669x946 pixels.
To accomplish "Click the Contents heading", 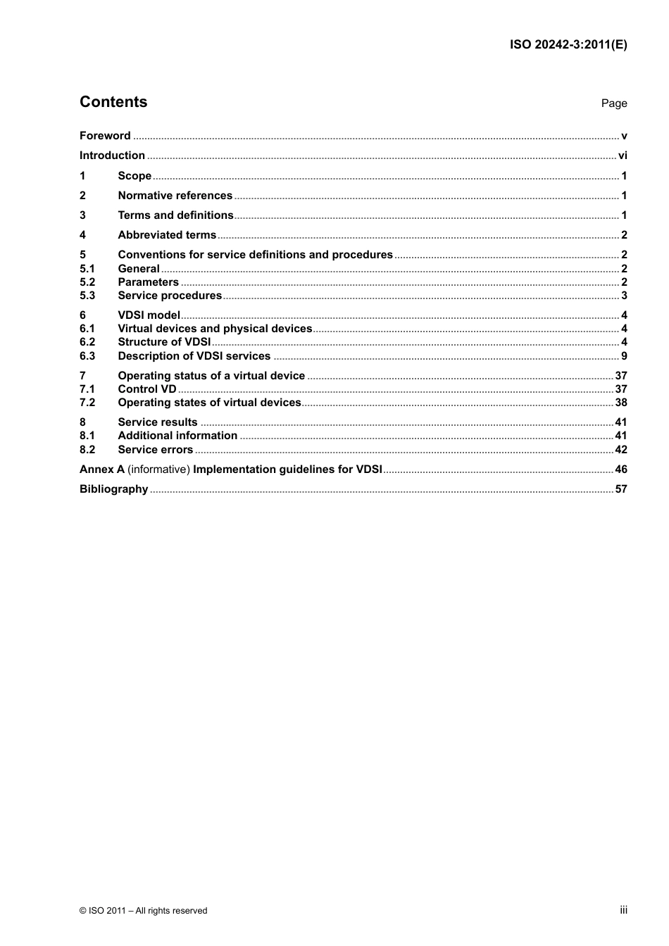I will point(113,102).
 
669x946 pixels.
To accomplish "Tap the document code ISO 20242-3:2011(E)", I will point(568,44).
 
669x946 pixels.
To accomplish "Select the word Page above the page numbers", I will point(614,103).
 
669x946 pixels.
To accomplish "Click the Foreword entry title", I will point(105,136).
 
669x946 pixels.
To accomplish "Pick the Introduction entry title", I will point(112,156).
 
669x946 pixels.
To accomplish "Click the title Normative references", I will point(175,196).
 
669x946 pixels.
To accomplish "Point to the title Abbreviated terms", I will point(167,235).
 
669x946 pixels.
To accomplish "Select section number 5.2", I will point(87,282).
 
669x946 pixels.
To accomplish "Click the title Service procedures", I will point(170,296).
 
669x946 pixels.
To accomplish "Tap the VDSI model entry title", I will point(149,315).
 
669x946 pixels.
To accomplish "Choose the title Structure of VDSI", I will point(164,342).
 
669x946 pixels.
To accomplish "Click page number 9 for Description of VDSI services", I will point(624,356).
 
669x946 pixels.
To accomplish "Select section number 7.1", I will point(87,389).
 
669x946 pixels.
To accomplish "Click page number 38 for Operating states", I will point(621,403).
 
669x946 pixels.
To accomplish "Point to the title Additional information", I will point(177,436).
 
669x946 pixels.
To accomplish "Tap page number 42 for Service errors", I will point(621,450).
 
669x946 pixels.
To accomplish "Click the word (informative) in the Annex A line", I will point(158,469).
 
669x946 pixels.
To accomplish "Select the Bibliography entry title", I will point(113,489).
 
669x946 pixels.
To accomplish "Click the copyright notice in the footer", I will point(144,911).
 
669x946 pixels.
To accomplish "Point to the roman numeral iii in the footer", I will point(623,910).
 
